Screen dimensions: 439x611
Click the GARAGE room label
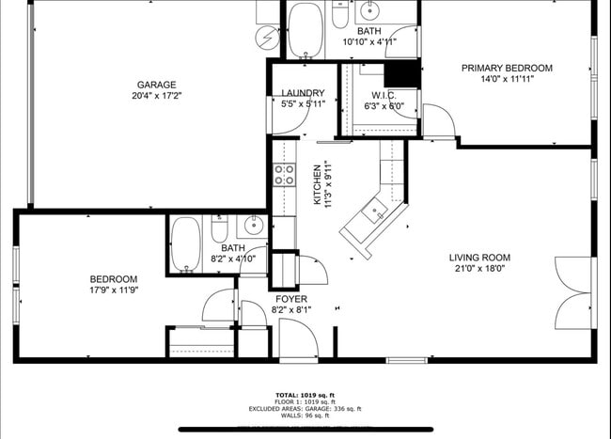pos(156,85)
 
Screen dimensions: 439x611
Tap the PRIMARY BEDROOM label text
pos(506,68)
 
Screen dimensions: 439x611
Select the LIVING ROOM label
pos(478,258)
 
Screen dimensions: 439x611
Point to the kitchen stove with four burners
pos(284,174)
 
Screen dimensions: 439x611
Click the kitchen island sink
pos(377,212)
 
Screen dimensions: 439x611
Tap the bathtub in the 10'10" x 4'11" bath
pos(305,29)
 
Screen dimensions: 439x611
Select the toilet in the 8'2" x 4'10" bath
pos(219,229)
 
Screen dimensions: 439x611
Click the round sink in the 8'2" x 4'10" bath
pos(252,226)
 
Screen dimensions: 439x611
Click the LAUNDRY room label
pos(303,93)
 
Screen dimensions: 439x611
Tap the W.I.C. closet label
pos(383,95)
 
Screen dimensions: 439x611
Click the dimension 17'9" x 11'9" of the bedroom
pos(114,291)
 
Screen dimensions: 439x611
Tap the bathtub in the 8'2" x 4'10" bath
pos(185,244)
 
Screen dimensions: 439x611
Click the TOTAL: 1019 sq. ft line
pos(305,395)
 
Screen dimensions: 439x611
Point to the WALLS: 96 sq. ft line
pos(305,415)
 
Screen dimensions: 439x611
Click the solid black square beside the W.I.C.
pos(403,73)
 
